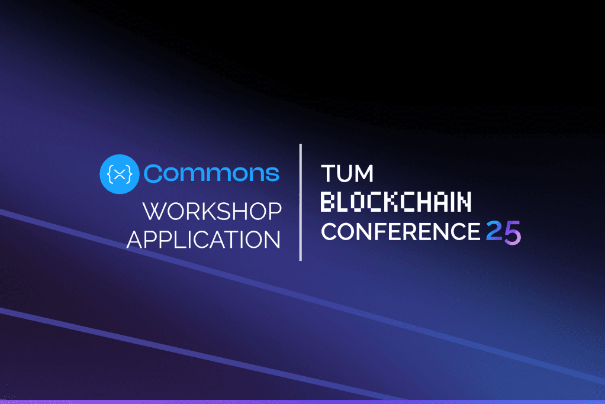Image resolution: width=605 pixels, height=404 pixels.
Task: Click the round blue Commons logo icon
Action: coord(120,173)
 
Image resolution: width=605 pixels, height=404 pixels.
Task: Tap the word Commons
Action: coord(211,173)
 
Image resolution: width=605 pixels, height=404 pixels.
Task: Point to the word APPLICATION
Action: coord(204,240)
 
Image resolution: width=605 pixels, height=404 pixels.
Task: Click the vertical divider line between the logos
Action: coord(301,202)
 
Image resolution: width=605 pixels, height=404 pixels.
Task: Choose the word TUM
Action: coord(347,174)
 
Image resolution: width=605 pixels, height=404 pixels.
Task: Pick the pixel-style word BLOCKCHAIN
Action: coord(396,202)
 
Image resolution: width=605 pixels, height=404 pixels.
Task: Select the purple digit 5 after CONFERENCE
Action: coord(513,232)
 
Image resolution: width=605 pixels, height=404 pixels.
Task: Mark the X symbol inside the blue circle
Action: coord(120,173)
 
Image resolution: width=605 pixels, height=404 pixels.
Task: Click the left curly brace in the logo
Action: coord(110,173)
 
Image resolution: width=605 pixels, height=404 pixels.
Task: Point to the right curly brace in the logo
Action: coord(129,173)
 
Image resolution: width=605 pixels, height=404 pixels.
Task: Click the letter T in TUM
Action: coord(328,174)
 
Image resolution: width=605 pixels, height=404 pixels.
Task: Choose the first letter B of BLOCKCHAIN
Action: coord(327,202)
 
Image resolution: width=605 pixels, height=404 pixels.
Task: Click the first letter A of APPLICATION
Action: coord(136,240)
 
